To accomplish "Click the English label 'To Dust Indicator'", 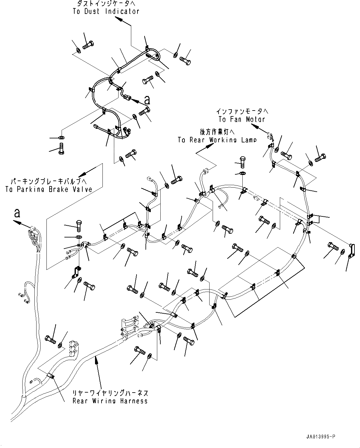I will [x=106, y=11].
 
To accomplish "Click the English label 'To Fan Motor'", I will [x=242, y=119].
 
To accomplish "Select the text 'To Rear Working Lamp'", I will [x=217, y=140].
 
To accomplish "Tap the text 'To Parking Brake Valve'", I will [x=49, y=189].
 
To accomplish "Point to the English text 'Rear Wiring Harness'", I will [x=110, y=401].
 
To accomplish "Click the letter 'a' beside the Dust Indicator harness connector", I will [x=147, y=100].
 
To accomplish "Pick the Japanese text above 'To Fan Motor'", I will [x=242, y=111].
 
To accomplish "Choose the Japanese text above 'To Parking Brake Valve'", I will [x=49, y=181].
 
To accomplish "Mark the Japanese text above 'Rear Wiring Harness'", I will [x=110, y=393].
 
